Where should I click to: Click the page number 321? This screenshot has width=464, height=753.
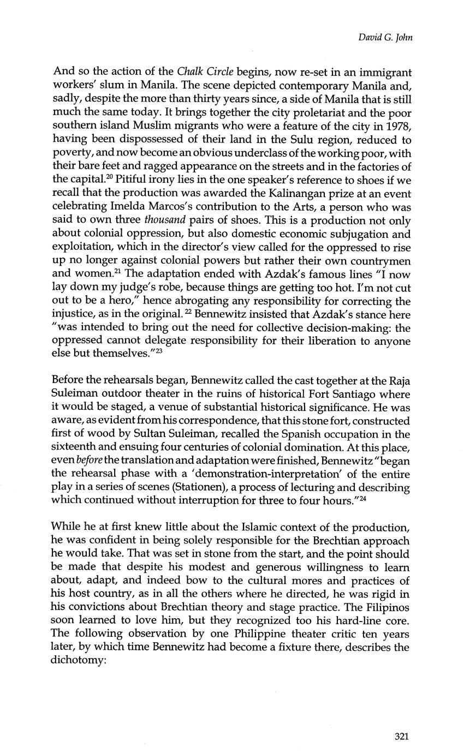click(401, 736)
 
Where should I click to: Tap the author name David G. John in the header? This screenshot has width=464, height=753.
click(385, 38)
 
